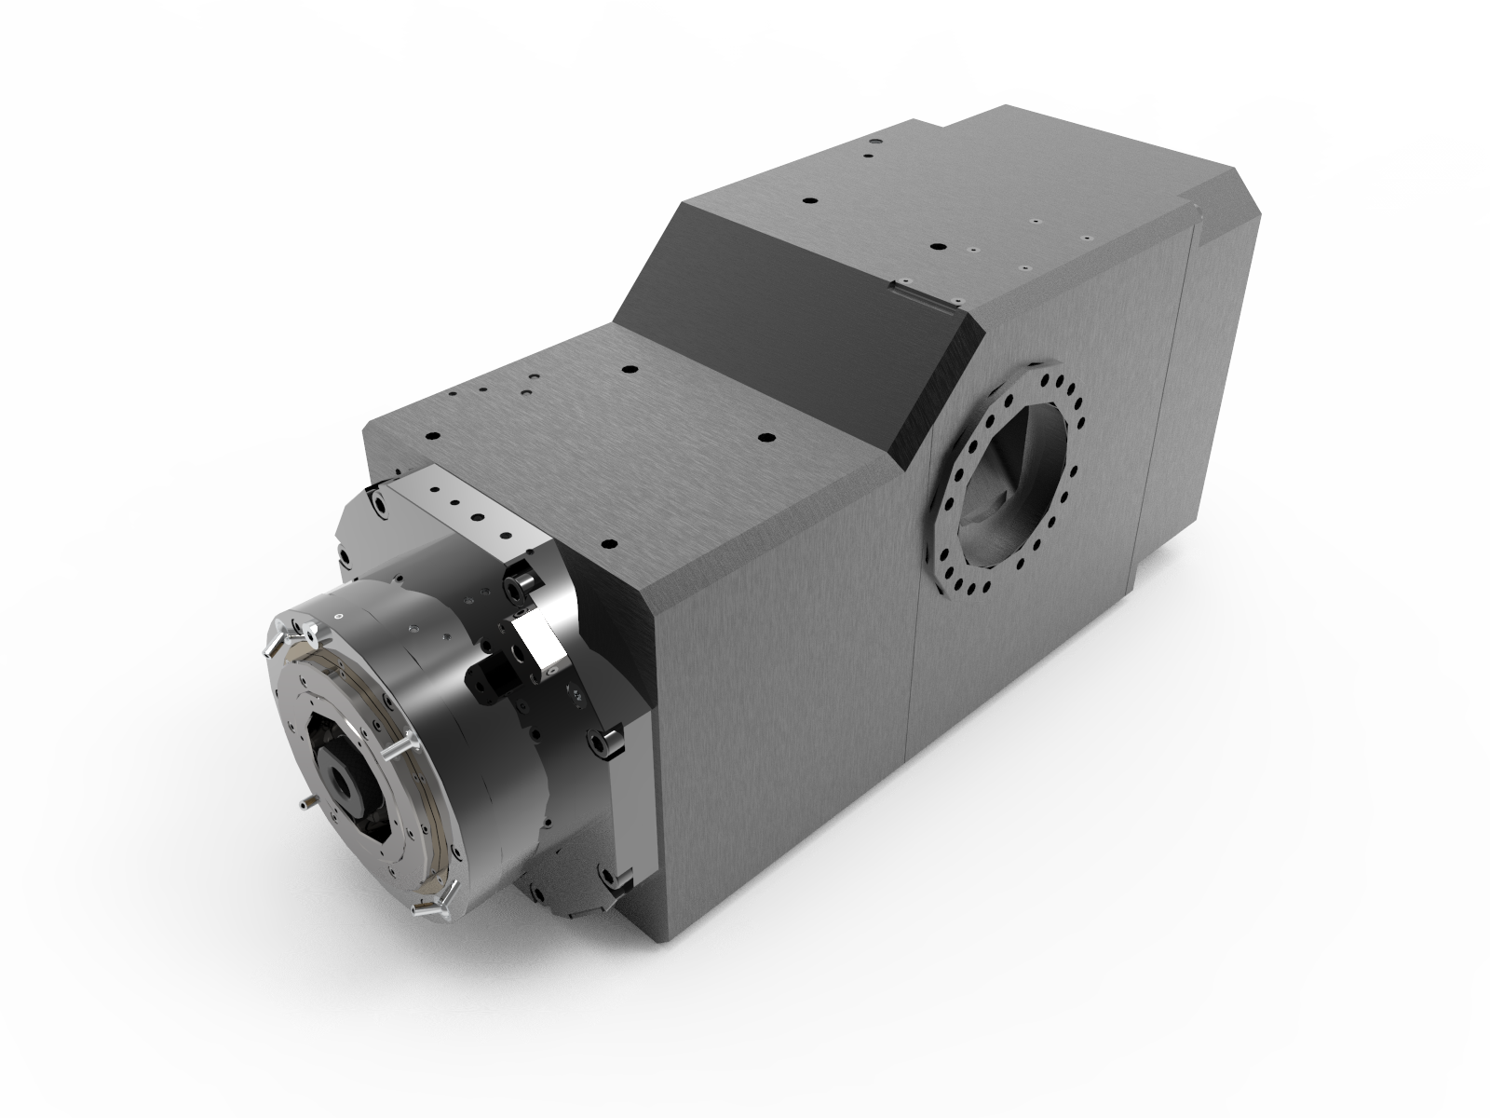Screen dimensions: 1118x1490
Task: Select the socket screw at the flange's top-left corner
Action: pos(380,503)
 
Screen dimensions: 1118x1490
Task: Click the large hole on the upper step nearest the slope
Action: pos(808,201)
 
